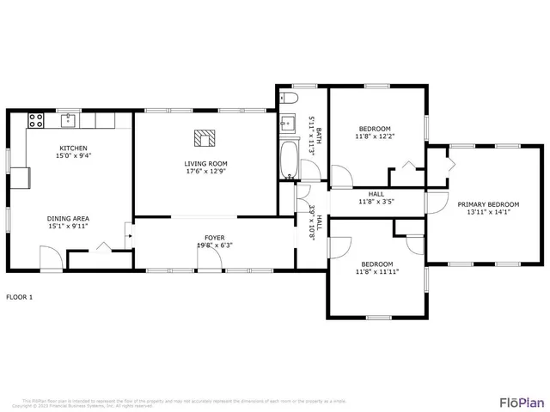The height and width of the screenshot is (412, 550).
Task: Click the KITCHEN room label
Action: click(x=73, y=148)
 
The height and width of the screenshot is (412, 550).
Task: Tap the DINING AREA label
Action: click(x=68, y=218)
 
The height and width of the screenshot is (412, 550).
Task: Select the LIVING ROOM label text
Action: click(x=205, y=163)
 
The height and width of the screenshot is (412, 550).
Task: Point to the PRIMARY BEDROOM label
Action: click(x=488, y=204)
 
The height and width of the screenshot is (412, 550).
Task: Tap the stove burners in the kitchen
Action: click(x=36, y=120)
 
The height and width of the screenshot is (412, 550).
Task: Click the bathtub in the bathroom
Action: click(x=288, y=159)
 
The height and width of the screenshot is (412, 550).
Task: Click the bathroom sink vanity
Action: click(x=286, y=124)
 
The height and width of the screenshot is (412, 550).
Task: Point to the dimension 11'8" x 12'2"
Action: click(x=375, y=136)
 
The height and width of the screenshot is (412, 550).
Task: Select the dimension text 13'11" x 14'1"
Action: click(x=488, y=213)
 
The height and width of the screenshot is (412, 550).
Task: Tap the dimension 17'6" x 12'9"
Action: click(x=205, y=171)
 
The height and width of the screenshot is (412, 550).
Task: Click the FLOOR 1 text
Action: click(x=19, y=297)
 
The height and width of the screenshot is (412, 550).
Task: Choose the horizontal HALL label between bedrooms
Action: click(x=376, y=194)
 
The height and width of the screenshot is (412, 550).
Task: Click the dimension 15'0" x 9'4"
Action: click(x=73, y=155)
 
